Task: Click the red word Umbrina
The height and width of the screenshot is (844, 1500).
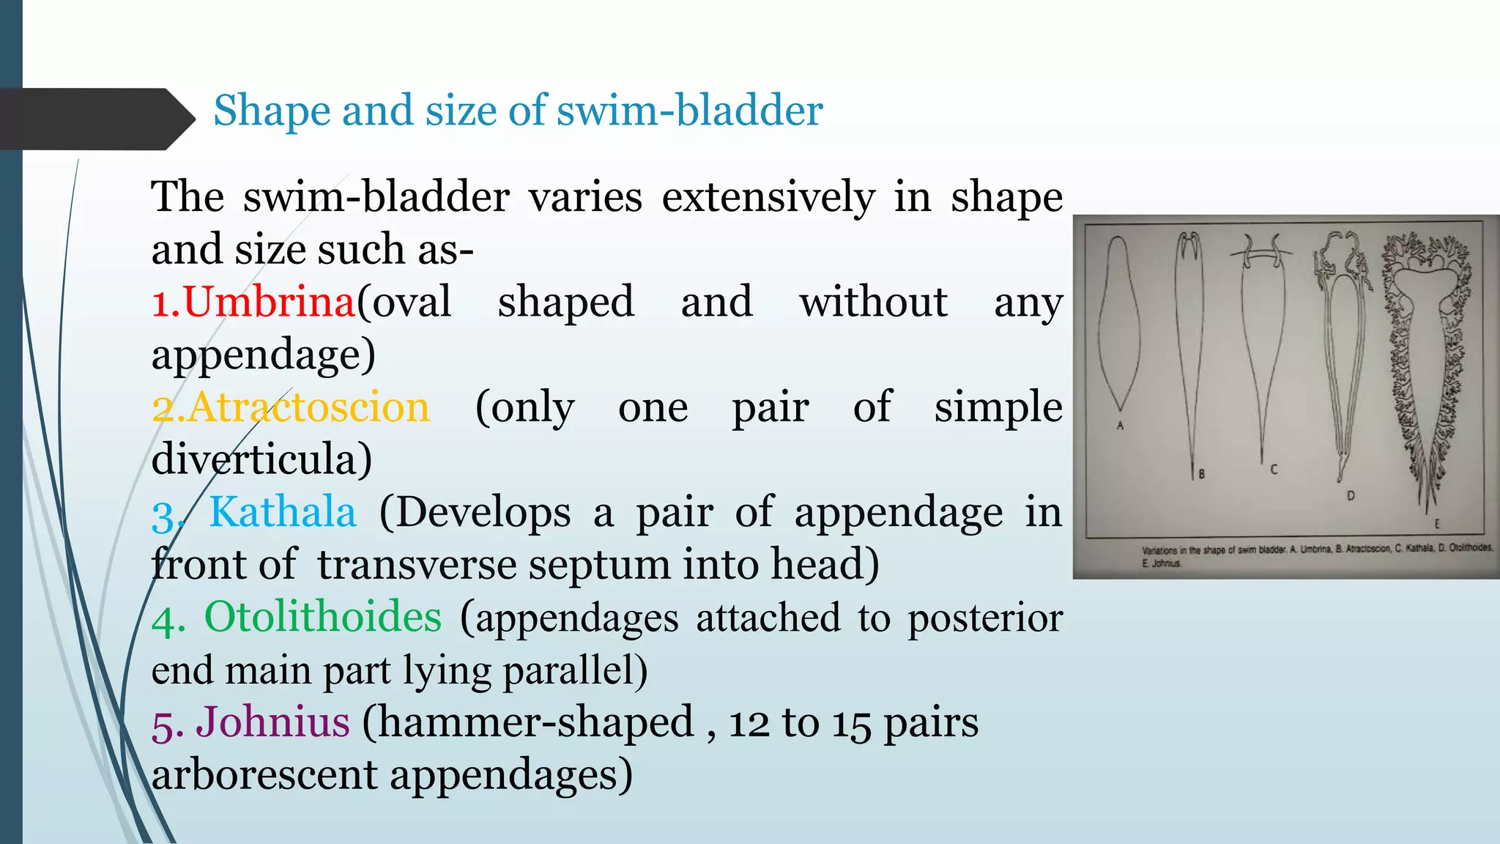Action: click(x=268, y=301)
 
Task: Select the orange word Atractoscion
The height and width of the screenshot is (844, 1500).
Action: click(x=308, y=407)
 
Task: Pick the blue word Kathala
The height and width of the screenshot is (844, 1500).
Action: click(x=283, y=511)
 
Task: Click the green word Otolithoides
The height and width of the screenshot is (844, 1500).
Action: click(x=322, y=616)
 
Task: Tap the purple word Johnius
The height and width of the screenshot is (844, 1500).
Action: click(x=272, y=722)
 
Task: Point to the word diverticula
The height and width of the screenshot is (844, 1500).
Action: click(x=261, y=459)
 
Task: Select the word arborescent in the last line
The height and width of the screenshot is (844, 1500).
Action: click(x=264, y=774)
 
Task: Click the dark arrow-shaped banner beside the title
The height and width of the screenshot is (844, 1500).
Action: click(x=95, y=119)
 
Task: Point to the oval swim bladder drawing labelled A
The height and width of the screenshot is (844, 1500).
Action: click(x=1118, y=322)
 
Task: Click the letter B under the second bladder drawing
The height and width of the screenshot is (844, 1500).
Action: click(x=1201, y=474)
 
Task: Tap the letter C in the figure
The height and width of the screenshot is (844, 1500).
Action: click(x=1274, y=469)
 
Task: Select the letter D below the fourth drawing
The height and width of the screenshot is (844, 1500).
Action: click(x=1351, y=496)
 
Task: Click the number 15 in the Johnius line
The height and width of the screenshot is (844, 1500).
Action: click(x=851, y=723)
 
